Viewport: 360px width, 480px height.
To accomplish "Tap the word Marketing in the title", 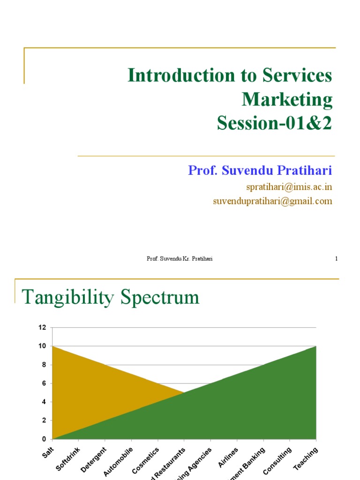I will click(x=287, y=99).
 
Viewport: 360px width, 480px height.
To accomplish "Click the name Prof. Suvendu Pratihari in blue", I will click(x=260, y=170).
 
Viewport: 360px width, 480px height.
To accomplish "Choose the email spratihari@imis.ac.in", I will click(x=289, y=187).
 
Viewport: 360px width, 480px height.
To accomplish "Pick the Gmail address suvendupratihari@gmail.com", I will click(x=272, y=201).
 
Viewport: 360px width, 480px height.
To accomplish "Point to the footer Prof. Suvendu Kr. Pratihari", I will click(x=180, y=259).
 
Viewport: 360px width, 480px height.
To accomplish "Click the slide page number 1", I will click(x=336, y=259).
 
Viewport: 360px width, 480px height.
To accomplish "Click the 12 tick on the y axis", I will click(x=43, y=328).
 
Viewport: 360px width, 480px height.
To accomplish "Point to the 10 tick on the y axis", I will click(x=43, y=346).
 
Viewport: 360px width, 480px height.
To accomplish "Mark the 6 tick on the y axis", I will click(x=44, y=383).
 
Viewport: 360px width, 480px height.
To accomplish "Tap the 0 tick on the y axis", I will click(x=44, y=439).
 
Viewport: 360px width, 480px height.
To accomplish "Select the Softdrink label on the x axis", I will click(x=68, y=459).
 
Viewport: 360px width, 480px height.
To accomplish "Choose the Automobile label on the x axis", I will click(x=118, y=462).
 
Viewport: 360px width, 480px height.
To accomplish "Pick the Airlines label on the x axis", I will click(x=228, y=457).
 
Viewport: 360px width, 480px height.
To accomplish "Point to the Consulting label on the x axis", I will click(x=277, y=460).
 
